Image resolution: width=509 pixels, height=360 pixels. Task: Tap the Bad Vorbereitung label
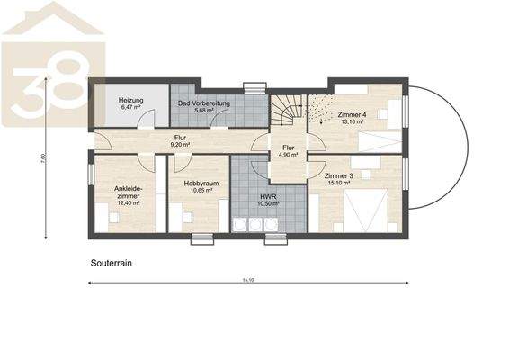click(x=202, y=104)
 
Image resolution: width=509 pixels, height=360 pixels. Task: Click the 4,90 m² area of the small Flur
click(x=287, y=154)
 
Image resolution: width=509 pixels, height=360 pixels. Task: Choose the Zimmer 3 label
click(x=339, y=176)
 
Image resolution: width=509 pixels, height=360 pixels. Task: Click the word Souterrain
click(x=112, y=265)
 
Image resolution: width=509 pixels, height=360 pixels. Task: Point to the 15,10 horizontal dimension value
click(x=248, y=280)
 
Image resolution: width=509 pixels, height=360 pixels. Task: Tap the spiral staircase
click(x=287, y=112)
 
